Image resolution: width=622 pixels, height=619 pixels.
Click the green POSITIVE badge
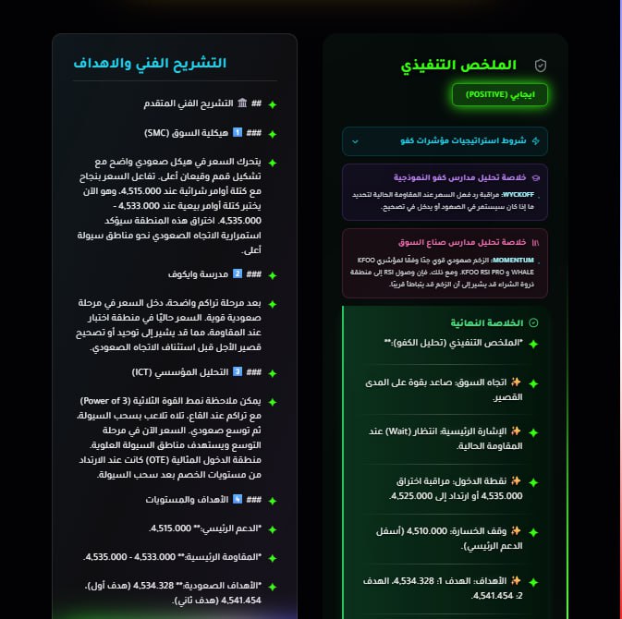click(499, 94)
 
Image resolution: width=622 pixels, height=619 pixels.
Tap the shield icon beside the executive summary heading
click(542, 66)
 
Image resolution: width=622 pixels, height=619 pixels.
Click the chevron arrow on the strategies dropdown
click(355, 141)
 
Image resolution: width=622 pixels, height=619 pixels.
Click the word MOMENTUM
click(520, 261)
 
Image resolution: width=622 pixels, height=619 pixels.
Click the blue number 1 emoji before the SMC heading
click(237, 132)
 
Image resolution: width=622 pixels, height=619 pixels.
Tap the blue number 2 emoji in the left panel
click(237, 273)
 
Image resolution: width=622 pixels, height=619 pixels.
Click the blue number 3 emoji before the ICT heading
click(237, 371)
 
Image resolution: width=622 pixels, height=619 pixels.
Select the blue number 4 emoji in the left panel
click(237, 500)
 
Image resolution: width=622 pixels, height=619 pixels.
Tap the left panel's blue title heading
click(150, 64)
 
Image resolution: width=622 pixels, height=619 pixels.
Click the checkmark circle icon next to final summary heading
click(532, 322)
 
